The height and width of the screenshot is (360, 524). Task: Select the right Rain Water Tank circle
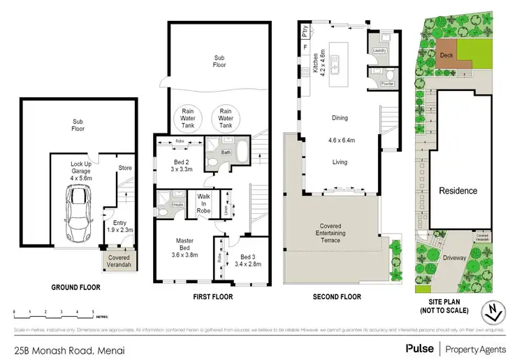[x=225, y=117]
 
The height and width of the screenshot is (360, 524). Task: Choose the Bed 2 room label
[x=181, y=165]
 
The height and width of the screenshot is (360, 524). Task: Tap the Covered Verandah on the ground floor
[x=119, y=261]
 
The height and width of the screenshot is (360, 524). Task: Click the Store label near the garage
[x=125, y=168]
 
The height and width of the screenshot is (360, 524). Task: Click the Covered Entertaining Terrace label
[x=330, y=233]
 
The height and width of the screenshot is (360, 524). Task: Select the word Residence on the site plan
[x=458, y=191]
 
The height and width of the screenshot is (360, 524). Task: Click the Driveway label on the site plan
[x=454, y=258]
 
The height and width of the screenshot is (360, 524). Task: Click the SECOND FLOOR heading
[x=337, y=296]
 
